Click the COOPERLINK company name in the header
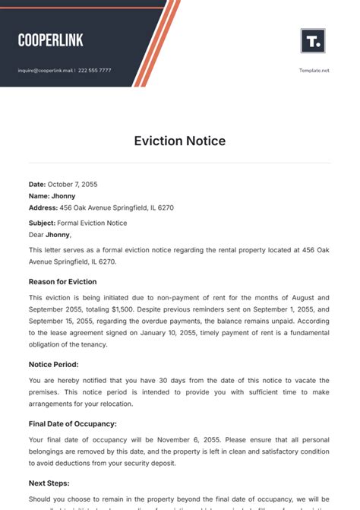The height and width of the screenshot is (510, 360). (x=50, y=40)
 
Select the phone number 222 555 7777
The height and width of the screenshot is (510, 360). (x=94, y=71)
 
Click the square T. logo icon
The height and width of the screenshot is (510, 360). (x=313, y=41)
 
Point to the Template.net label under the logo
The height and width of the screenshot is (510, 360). (x=314, y=71)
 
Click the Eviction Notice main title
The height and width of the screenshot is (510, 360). (x=180, y=141)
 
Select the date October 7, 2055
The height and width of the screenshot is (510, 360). (x=73, y=184)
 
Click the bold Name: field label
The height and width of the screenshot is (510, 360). (x=39, y=196)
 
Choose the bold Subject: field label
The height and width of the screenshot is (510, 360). (x=42, y=223)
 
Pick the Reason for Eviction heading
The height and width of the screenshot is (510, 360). (x=62, y=281)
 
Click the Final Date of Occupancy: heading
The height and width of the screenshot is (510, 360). (x=72, y=423)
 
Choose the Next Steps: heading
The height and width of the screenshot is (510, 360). (x=49, y=483)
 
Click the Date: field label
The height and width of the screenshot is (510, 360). (x=37, y=184)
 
